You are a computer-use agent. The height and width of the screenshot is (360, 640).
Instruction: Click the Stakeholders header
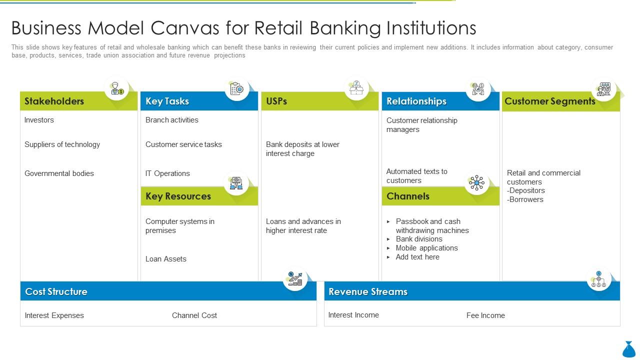pyautogui.click(x=54, y=101)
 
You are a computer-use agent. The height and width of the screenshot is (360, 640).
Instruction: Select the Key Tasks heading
pyautogui.click(x=167, y=101)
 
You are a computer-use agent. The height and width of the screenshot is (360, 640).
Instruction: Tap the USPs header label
pyautogui.click(x=276, y=101)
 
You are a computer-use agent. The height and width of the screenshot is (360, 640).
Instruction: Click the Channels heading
pyautogui.click(x=408, y=196)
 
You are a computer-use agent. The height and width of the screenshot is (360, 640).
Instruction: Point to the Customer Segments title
pyautogui.click(x=549, y=101)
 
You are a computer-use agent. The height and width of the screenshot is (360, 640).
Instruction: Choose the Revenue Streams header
pyautogui.click(x=368, y=291)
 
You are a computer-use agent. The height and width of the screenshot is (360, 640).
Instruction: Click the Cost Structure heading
pyautogui.click(x=56, y=291)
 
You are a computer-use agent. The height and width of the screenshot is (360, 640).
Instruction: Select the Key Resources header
pyautogui.click(x=178, y=196)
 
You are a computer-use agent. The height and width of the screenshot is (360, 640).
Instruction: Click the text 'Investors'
pyautogui.click(x=39, y=120)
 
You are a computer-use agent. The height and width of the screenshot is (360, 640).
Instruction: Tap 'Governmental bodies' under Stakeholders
pyautogui.click(x=59, y=173)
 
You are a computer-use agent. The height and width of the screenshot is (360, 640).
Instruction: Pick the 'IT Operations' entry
pyautogui.click(x=167, y=173)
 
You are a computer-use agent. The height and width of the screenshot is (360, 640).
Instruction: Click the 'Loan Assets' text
pyautogui.click(x=165, y=259)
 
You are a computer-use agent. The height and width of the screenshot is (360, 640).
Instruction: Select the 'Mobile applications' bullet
pyautogui.click(x=426, y=248)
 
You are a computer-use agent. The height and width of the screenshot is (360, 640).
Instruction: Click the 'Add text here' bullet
pyautogui.click(x=417, y=257)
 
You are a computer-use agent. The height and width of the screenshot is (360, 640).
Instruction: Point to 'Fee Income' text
pyautogui.click(x=485, y=315)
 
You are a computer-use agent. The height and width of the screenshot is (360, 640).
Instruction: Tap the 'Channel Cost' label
pyautogui.click(x=194, y=315)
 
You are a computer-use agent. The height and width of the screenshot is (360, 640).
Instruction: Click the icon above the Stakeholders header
pyautogui.click(x=117, y=88)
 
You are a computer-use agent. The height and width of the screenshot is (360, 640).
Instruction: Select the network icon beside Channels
pyautogui.click(x=476, y=183)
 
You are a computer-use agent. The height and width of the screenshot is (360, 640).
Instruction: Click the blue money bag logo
pyautogui.click(x=629, y=349)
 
